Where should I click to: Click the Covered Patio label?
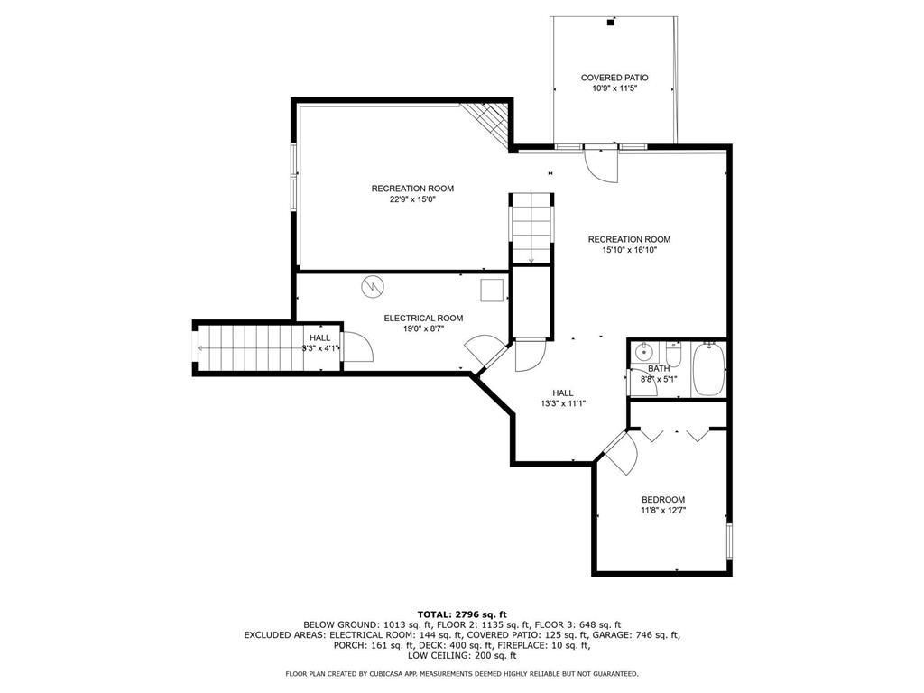pyautogui.click(x=614, y=78)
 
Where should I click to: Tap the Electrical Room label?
pyautogui.click(x=423, y=319)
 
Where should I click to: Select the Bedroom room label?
pyautogui.click(x=663, y=500)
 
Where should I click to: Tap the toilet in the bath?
pyautogui.click(x=673, y=354)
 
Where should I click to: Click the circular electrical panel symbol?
pyautogui.click(x=373, y=287)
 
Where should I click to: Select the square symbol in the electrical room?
pyautogui.click(x=492, y=291)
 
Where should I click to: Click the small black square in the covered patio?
pyautogui.click(x=611, y=23)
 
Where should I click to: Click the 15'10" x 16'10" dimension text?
pyautogui.click(x=629, y=250)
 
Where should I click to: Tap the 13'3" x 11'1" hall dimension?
pyautogui.click(x=563, y=403)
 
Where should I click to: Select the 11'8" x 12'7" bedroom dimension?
pyautogui.click(x=663, y=511)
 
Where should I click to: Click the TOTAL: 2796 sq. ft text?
pyautogui.click(x=462, y=614)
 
